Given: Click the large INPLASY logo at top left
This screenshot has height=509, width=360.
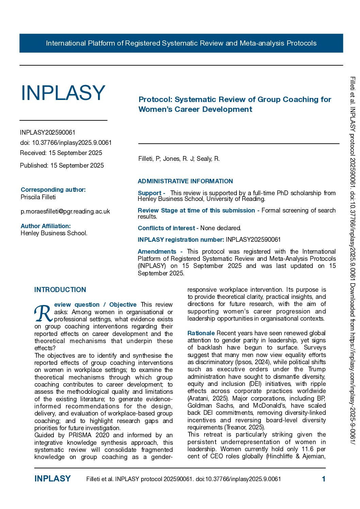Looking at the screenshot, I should pos(63,93).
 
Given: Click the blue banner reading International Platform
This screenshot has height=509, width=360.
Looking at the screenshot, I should pos(181,43).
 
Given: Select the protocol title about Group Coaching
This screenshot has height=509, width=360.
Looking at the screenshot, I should pos(235,104).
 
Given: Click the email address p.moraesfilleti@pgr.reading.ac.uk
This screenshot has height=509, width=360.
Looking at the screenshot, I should pos(65,211).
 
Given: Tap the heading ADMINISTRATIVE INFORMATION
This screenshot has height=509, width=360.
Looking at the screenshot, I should pos(185,181).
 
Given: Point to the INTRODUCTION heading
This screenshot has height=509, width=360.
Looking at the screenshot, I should pos(60,290).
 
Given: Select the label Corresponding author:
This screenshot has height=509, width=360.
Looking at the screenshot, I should pos(53,190).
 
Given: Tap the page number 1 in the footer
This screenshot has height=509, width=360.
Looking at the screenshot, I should pos(324,479).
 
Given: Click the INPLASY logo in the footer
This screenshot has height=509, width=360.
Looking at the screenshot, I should pos(52,479).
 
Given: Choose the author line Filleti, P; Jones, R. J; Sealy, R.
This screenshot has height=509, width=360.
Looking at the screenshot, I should pos(179,159).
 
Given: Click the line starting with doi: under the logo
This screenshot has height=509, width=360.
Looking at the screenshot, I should pos(66,143).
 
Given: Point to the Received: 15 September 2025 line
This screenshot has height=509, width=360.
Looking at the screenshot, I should pos(61,153).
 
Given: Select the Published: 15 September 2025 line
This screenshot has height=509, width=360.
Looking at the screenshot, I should pos(62,166).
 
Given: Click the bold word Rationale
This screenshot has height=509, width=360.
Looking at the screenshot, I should pos(201,333).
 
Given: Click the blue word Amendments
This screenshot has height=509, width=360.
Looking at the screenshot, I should pos(157,252).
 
